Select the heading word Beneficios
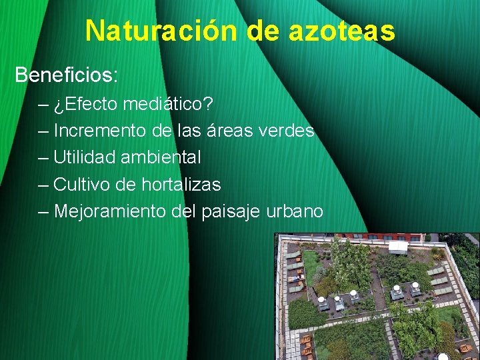click(66, 74)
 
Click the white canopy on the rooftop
click(398, 247)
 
